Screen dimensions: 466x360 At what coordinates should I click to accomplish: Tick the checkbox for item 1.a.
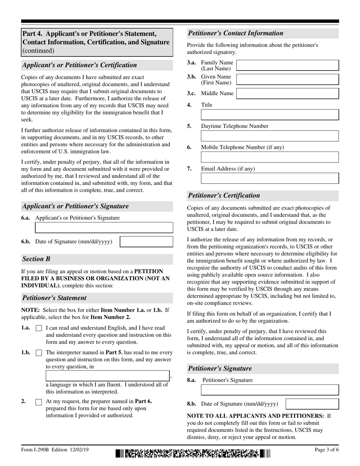pos(39,328)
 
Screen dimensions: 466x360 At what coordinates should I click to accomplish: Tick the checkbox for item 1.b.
pos(39,353)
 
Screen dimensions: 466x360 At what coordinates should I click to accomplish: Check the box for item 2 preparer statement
pos(39,402)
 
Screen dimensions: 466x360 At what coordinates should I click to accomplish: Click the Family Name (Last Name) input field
pos(287,65)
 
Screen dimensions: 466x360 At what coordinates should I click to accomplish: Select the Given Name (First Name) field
pos(287,79)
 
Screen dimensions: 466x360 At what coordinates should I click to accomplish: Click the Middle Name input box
pos(287,94)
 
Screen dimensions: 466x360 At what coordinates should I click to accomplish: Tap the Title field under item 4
pos(269,115)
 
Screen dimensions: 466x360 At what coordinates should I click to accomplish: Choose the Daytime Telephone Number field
pos(269,136)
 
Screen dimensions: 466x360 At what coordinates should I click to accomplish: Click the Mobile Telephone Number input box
pos(269,157)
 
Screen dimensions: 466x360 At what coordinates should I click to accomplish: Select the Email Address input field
pos(269,178)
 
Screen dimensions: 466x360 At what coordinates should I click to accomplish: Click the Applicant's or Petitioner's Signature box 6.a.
pos(104,228)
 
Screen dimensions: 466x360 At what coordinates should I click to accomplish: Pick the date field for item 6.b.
pos(146,242)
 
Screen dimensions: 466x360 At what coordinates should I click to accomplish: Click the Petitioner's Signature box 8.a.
pos(269,390)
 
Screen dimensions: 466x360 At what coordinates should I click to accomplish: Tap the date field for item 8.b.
pos(312,404)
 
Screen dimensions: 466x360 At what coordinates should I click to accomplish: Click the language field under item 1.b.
pos(108,376)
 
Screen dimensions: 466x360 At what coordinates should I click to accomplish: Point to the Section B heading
pos(36,259)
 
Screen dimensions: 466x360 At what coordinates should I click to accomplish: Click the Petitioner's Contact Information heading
pos(236,33)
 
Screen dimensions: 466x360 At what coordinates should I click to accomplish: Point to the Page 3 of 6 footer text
pos(327,450)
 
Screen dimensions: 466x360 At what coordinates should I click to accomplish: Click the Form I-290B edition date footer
pos(55,450)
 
